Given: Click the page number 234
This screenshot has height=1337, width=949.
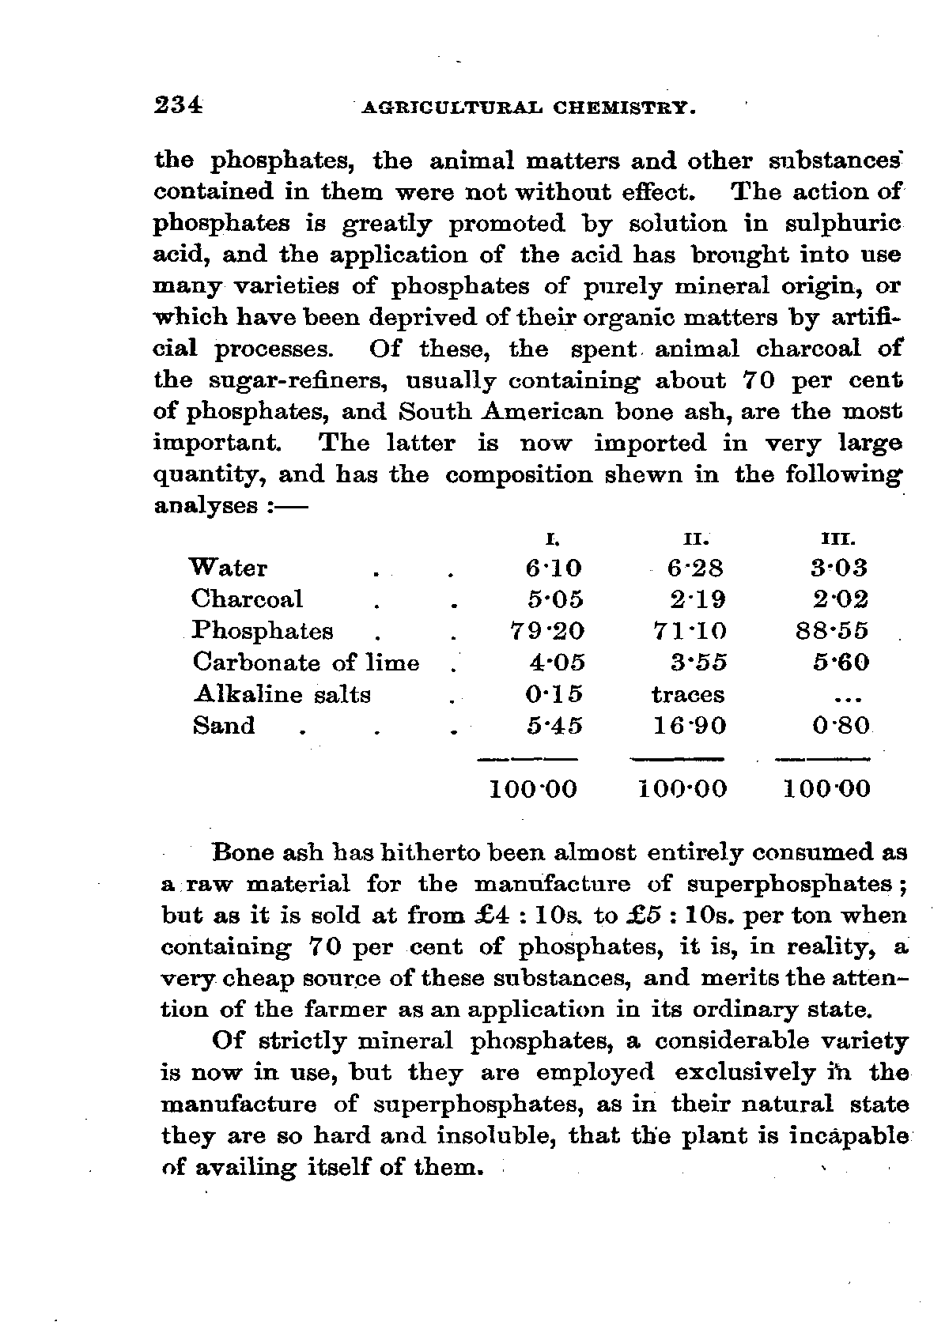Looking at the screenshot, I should point(180,105).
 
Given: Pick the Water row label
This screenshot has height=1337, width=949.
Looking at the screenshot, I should point(229,568).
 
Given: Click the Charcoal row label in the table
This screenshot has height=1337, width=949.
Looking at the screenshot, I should point(247,599).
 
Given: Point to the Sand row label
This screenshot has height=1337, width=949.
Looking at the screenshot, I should point(224,725).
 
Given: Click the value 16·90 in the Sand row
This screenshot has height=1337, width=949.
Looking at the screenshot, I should point(689,726).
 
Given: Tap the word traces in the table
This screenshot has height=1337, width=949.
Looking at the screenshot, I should point(688,694).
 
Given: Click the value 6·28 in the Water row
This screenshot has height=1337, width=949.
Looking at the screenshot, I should point(695,568).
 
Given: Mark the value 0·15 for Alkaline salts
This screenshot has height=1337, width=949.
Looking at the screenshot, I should point(554,694).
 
